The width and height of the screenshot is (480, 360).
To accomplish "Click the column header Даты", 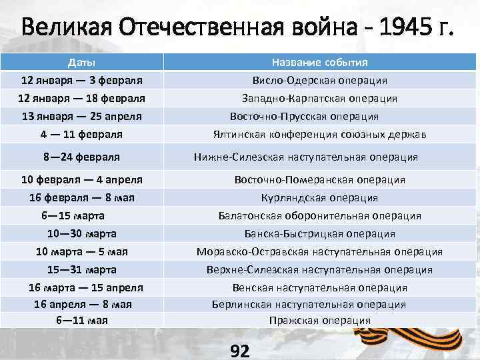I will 81,63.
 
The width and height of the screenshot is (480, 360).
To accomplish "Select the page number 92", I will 239,351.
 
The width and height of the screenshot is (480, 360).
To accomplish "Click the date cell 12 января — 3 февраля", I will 81,81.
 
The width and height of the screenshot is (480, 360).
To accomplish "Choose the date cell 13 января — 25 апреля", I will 81,116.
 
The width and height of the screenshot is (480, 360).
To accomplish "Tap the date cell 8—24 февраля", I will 81,157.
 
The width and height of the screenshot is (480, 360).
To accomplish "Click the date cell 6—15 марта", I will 73,216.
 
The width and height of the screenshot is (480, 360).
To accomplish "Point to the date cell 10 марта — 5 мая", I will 81,252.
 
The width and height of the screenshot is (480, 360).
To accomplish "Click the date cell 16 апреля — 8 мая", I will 83,304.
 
